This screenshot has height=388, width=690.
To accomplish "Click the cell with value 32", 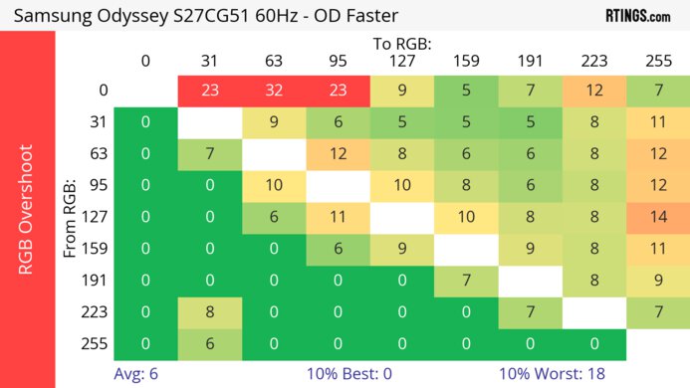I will (273, 90).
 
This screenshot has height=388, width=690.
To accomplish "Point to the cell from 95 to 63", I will (273, 186).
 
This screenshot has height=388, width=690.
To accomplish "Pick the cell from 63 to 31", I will (209, 154).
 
